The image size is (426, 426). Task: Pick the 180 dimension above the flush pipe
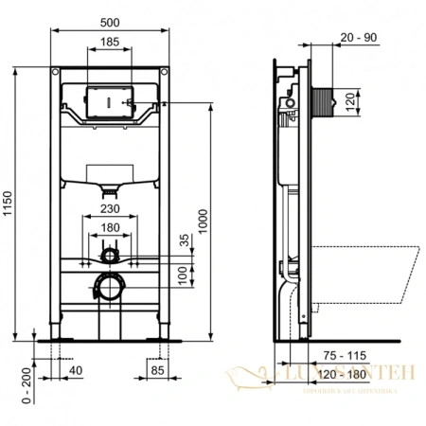click(x=112, y=228)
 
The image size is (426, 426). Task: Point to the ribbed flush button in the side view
click(x=325, y=102)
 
